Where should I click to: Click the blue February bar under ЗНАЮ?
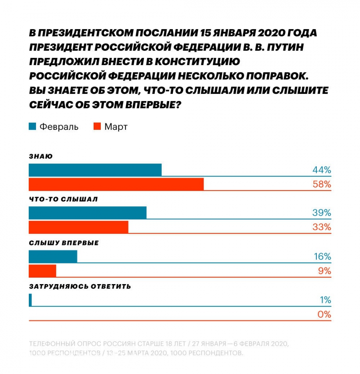tap(95, 170)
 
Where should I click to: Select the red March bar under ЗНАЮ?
tap(116, 184)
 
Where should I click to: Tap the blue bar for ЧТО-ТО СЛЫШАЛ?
tap(88, 213)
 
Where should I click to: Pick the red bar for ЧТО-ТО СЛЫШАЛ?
tap(78, 227)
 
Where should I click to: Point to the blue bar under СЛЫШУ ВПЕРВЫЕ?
tap(53, 256)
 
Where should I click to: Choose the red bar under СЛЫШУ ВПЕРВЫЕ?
tap(42, 271)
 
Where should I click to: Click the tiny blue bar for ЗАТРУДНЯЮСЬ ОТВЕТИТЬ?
tap(30, 300)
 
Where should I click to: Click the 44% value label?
tap(322, 170)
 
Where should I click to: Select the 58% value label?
tap(322, 184)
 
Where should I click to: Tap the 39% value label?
tap(322, 213)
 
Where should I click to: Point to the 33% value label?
tap(322, 227)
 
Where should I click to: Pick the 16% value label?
tap(322, 256)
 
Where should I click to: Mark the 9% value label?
tap(324, 271)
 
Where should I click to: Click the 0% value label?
tap(324, 314)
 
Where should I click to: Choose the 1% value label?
tap(325, 300)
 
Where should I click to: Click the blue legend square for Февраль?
tap(32, 127)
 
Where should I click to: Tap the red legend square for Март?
tap(97, 127)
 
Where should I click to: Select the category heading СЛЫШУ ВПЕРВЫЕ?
tap(64, 243)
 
